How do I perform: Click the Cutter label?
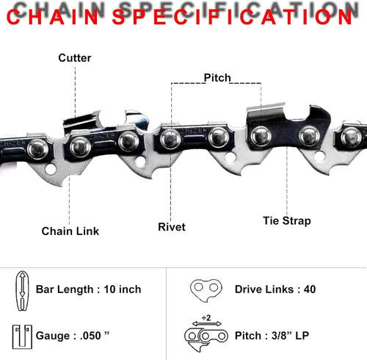[75, 58]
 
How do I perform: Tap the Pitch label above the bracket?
[217, 78]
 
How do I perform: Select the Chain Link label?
[70, 231]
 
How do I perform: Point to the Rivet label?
[172, 227]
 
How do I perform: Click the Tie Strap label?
[287, 220]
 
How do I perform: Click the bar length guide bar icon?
[22, 291]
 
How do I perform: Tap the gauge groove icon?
[22, 337]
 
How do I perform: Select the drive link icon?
[206, 290]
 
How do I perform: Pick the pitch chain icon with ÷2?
[206, 335]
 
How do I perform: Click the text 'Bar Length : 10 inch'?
[88, 289]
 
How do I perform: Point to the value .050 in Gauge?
[90, 336]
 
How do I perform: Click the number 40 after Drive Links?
[310, 289]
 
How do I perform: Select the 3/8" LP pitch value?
[290, 336]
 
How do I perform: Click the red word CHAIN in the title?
[53, 17]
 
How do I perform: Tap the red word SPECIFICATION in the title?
[232, 17]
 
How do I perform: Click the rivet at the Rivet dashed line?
[170, 139]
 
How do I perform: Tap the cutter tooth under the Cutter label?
[82, 121]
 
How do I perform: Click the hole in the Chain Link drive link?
[51, 170]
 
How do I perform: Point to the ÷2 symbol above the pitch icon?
[206, 317]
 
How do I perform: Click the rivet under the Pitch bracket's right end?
[261, 136]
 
